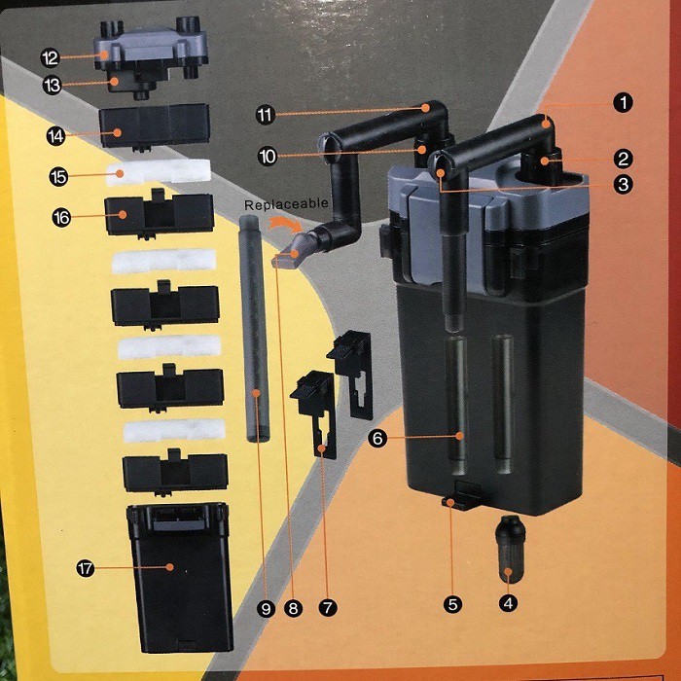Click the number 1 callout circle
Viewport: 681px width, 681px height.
[x=624, y=100]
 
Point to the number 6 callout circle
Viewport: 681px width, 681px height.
[x=376, y=439]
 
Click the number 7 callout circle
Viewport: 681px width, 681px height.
[x=328, y=608]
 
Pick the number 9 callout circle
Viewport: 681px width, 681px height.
[x=264, y=609]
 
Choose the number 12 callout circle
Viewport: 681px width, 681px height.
[x=50, y=58]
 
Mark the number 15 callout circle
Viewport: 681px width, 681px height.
[x=58, y=176]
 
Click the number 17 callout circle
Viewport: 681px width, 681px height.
[x=86, y=569]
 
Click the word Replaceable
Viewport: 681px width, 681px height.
[x=287, y=206]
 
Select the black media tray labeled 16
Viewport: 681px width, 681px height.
[x=159, y=216]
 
